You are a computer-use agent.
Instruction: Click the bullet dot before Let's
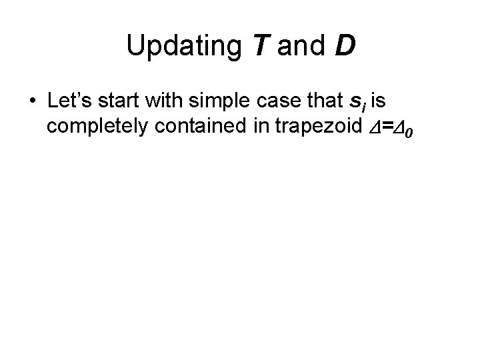point(33,103)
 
